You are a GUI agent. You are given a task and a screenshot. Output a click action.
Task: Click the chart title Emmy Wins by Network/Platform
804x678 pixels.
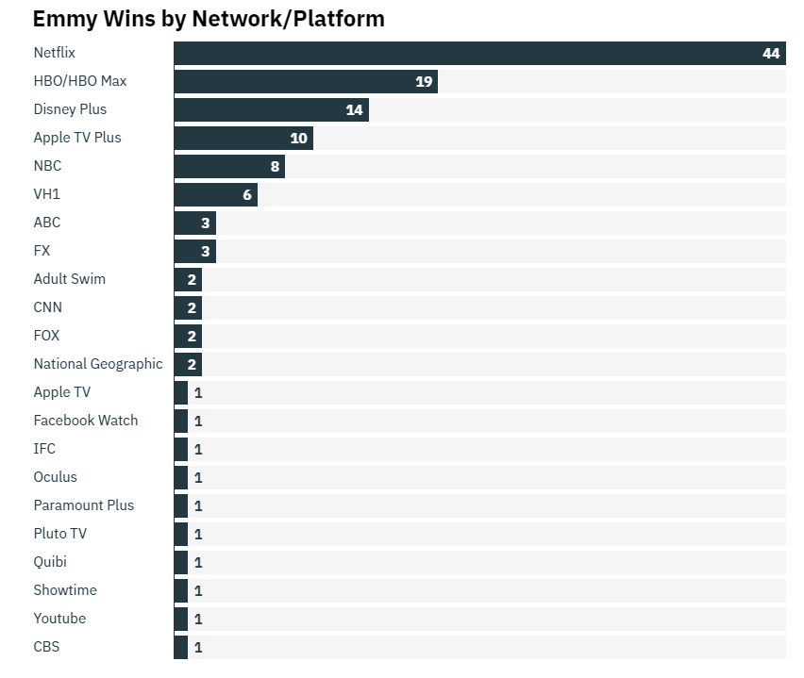[209, 19]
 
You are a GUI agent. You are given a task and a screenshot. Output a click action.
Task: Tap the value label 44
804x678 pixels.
[771, 53]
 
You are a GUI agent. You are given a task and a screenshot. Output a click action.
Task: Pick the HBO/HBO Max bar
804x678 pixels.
[305, 81]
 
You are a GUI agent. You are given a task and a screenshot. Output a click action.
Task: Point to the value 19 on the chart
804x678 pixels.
[424, 81]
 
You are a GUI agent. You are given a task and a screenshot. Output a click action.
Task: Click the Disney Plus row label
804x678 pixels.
[70, 109]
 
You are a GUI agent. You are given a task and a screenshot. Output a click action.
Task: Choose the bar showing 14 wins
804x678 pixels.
[271, 109]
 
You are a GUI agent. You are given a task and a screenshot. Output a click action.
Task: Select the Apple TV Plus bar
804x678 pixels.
[243, 138]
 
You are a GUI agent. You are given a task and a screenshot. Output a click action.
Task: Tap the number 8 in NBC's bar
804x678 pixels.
[275, 166]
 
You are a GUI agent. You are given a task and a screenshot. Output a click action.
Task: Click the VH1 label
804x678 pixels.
[46, 194]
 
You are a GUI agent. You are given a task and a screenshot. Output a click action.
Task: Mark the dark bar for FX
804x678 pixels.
[194, 251]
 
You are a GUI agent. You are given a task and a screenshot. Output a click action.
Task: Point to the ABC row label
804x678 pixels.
[46, 223]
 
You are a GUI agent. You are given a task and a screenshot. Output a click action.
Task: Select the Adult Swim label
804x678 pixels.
[69, 279]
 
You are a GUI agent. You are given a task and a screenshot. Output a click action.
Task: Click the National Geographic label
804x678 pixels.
[98, 364]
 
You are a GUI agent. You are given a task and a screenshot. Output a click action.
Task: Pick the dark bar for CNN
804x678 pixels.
[187, 307]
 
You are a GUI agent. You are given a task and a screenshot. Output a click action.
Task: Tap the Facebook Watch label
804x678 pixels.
[85, 421]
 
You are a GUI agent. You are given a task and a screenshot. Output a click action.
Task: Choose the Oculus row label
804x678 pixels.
[55, 477]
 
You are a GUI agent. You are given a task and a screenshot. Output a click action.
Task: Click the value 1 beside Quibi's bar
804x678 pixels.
[198, 563]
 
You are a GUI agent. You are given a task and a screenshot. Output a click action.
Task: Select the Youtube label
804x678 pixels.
[59, 619]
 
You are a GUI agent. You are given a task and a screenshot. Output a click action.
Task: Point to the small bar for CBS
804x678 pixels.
[180, 647]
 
